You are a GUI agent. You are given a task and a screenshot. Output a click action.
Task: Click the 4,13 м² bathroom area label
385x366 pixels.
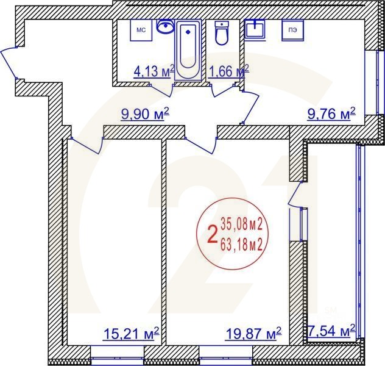tap(154, 72)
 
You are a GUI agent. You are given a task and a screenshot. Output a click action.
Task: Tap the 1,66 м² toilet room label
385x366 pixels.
tap(228, 72)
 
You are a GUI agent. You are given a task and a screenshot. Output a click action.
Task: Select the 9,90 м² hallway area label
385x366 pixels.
tap(144, 114)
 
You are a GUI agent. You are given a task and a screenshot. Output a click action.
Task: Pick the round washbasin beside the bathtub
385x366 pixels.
tap(164, 26)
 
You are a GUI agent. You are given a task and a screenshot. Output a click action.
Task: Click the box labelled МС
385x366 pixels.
tap(141, 30)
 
